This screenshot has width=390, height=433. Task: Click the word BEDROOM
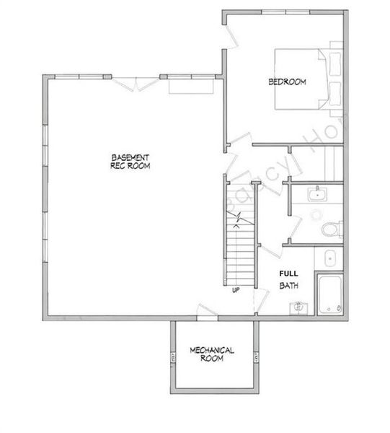pyautogui.click(x=287, y=82)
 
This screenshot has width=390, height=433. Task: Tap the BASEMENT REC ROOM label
pyautogui.click(x=130, y=161)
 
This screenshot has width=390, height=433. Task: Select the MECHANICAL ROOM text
pyautogui.click(x=212, y=354)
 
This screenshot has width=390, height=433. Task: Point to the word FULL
pyautogui.click(x=288, y=274)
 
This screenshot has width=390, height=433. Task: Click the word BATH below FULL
pyautogui.click(x=288, y=287)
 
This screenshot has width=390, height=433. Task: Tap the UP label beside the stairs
pyautogui.click(x=235, y=292)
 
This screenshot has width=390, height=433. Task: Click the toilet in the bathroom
pyautogui.click(x=331, y=229)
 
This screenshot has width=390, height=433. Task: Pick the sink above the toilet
pyautogui.click(x=316, y=193)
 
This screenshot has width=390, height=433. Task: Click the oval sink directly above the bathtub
pyautogui.click(x=329, y=257)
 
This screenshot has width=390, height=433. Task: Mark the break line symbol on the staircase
pyautogui.click(x=238, y=214)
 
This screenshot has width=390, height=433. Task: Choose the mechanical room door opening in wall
pyautogui.click(x=206, y=318)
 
